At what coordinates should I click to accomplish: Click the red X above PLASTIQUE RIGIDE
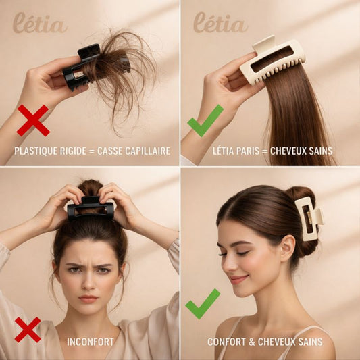click(x=33, y=120)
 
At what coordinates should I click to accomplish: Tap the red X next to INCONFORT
click(x=28, y=330)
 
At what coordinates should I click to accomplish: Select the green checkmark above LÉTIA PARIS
click(x=205, y=121)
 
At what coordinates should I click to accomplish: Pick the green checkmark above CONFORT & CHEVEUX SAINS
click(x=203, y=304)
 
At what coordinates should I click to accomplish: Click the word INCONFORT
click(x=91, y=342)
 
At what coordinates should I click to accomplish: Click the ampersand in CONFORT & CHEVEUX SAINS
click(x=252, y=342)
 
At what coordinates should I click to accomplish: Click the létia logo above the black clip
click(x=39, y=23)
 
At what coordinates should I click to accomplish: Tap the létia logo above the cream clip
click(x=220, y=22)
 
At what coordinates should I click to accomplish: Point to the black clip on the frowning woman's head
click(x=91, y=208)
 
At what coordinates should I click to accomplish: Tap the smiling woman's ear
click(x=287, y=249)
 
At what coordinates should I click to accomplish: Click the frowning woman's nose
click(x=89, y=283)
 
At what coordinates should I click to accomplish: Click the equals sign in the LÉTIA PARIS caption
click(x=265, y=151)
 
